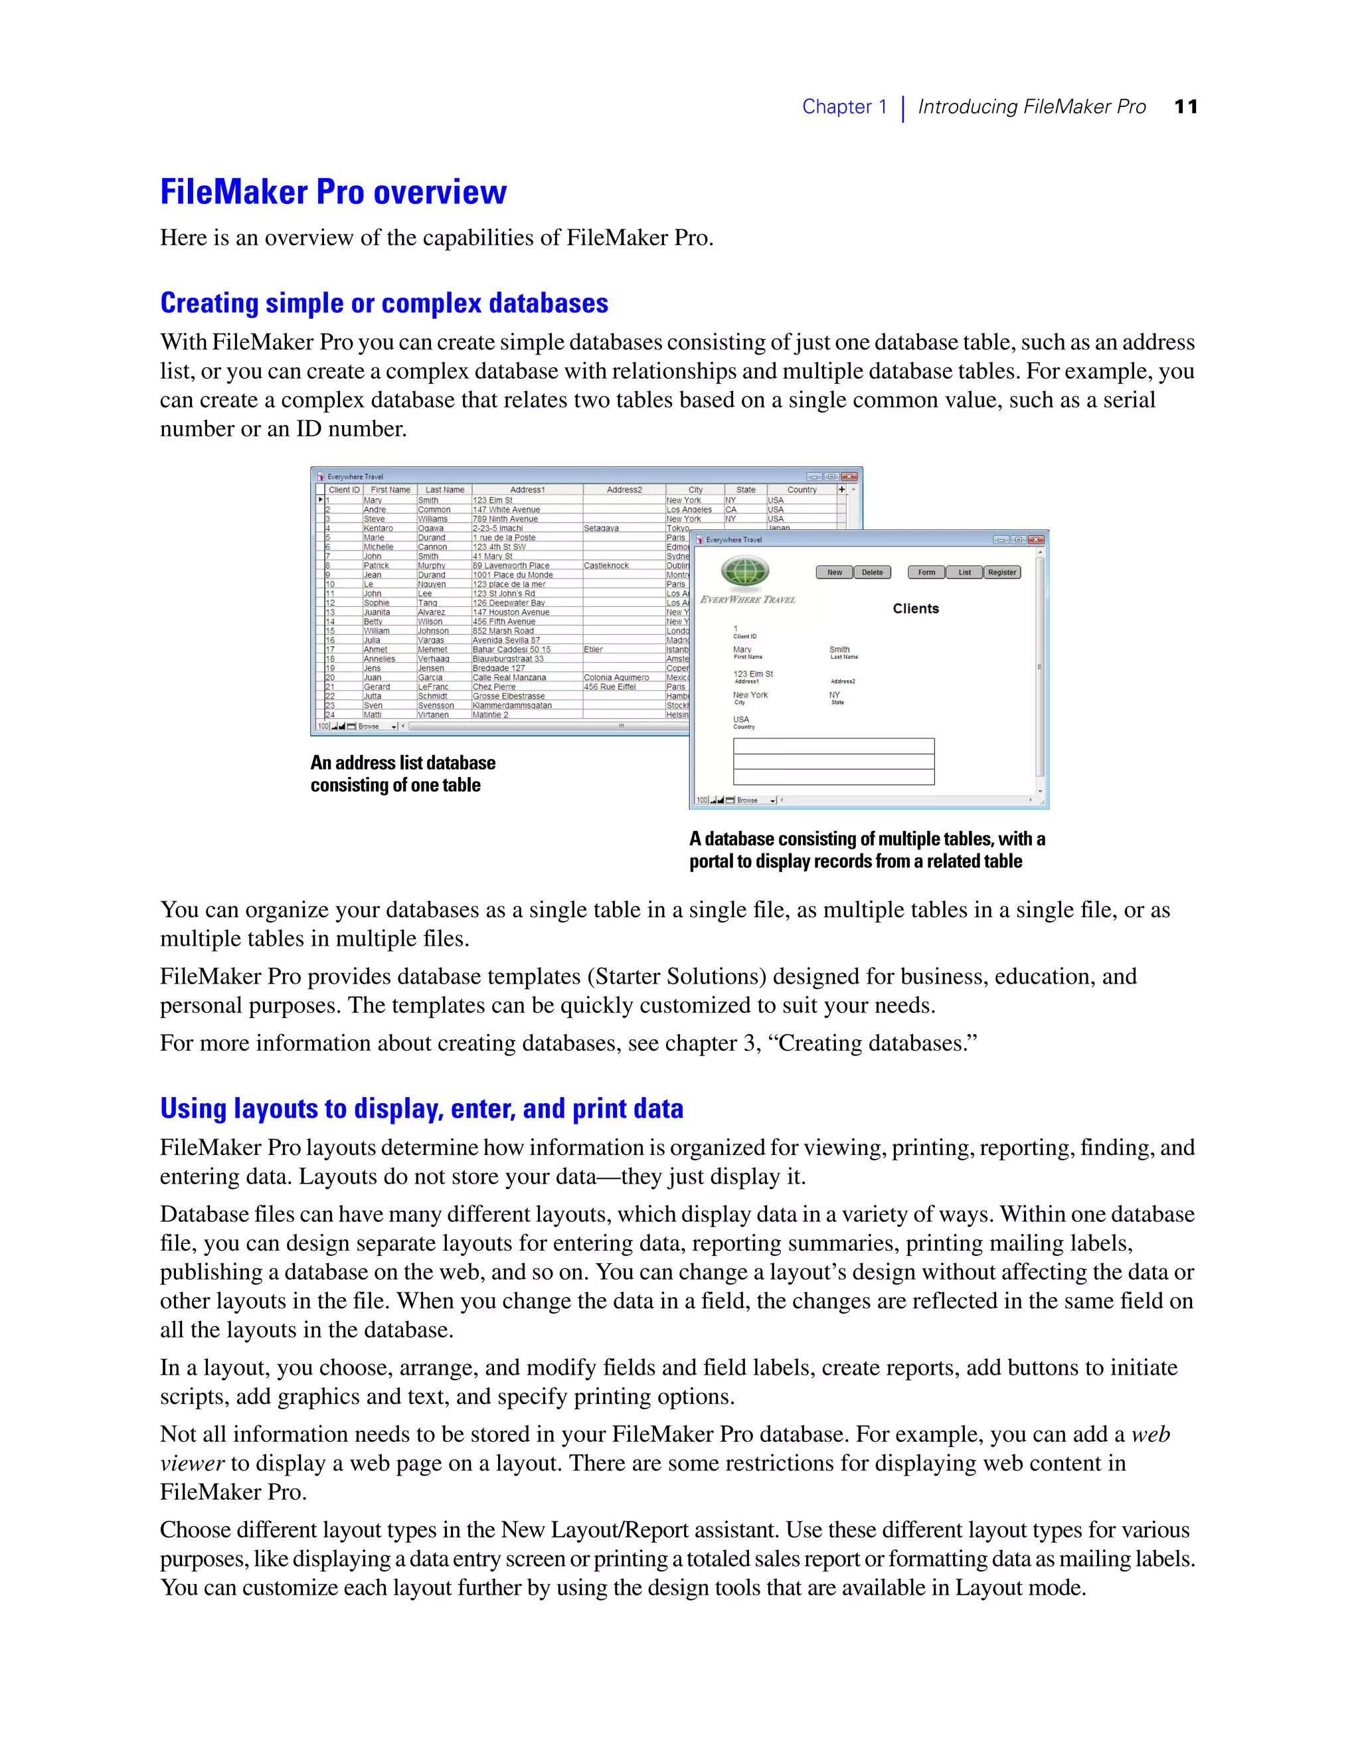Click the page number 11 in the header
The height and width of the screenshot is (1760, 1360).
pyautogui.click(x=1185, y=106)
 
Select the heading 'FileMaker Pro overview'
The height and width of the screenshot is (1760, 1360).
pyautogui.click(x=333, y=192)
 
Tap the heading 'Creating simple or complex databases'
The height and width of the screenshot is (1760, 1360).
pyautogui.click(x=384, y=303)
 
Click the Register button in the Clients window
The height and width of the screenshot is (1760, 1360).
pyautogui.click(x=1001, y=572)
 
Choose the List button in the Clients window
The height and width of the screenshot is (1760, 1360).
pyautogui.click(x=964, y=572)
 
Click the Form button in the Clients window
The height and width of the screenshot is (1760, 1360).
pyautogui.click(x=926, y=572)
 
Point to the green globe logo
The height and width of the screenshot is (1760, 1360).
pyautogui.click(x=745, y=572)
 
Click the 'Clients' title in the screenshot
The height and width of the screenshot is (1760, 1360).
pyautogui.click(x=915, y=608)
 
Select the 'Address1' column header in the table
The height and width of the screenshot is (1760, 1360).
pyautogui.click(x=527, y=489)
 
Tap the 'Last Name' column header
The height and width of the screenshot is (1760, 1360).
pyautogui.click(x=445, y=489)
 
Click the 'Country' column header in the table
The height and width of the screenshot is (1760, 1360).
pyautogui.click(x=802, y=489)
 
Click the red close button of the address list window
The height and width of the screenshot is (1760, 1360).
pyautogui.click(x=849, y=476)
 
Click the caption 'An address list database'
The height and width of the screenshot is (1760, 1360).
pyautogui.click(x=403, y=762)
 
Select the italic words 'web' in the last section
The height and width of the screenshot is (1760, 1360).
pyautogui.click(x=1149, y=1435)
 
